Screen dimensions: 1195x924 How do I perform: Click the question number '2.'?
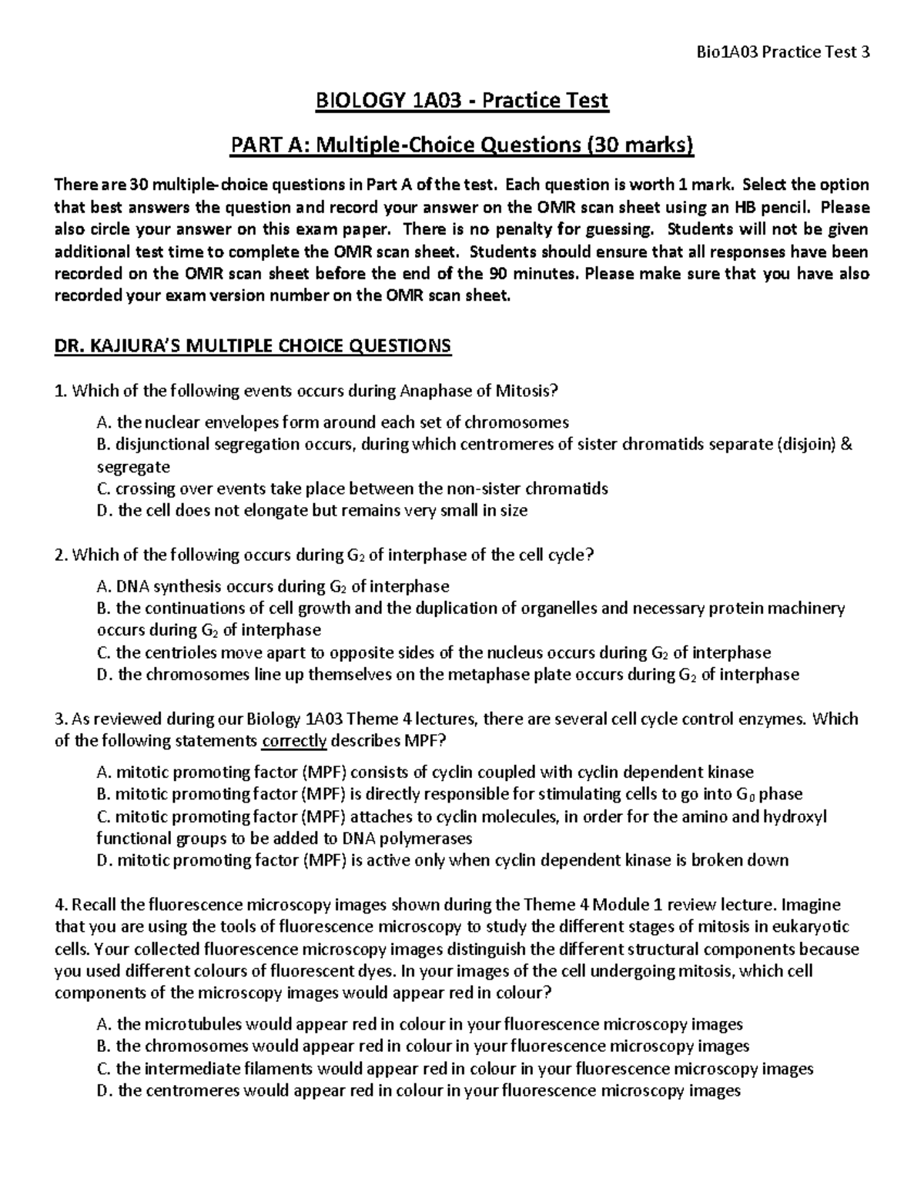61,556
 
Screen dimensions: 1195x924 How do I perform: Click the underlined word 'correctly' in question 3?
295,742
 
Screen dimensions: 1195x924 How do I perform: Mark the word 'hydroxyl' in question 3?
794,816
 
